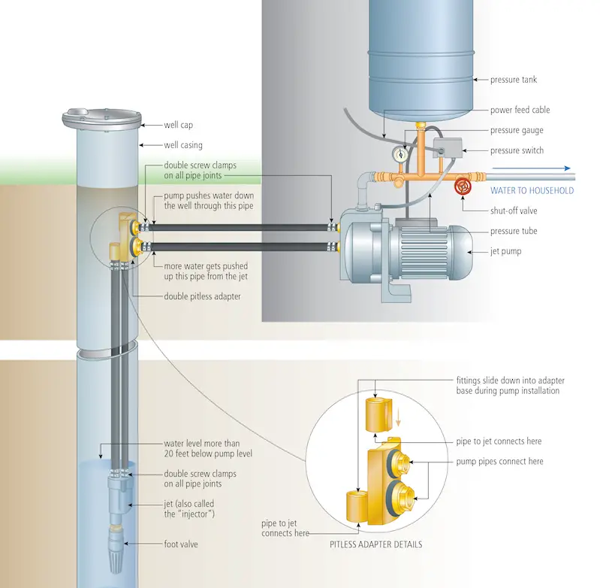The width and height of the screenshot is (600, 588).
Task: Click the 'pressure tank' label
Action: tap(513, 79)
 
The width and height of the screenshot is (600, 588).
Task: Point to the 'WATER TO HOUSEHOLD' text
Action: tap(532, 191)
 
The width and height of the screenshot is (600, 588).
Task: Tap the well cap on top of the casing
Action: tap(101, 118)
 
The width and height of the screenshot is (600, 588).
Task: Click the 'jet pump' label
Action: tap(507, 252)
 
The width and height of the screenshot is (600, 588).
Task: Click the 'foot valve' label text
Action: tap(182, 542)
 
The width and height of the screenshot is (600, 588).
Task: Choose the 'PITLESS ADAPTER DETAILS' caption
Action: tap(375, 544)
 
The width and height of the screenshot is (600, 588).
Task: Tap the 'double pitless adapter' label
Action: tap(204, 296)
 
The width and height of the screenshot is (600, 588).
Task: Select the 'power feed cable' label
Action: tap(520, 110)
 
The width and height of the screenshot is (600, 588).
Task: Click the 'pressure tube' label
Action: tap(514, 232)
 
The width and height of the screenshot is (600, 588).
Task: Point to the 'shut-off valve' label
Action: tap(514, 211)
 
